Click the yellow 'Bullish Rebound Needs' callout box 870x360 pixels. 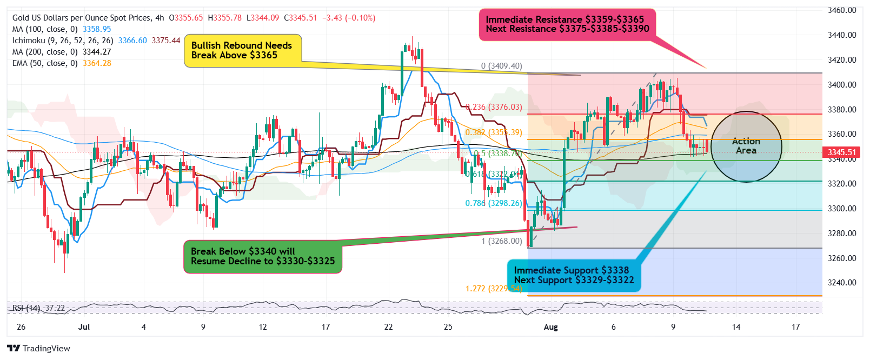point(242,51)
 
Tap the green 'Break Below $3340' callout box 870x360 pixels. point(263,256)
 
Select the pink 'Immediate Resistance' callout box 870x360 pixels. point(567,24)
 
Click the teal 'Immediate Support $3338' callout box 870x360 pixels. point(573,275)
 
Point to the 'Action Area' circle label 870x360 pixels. point(746,146)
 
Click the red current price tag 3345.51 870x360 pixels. point(842,152)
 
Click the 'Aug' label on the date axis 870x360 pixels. point(550,327)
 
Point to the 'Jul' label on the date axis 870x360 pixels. point(84,327)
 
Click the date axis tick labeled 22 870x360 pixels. point(389,327)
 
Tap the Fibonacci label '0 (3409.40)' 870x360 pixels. point(502,66)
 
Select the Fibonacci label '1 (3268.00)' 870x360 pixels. point(502,241)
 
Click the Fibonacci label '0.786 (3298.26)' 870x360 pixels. point(494,203)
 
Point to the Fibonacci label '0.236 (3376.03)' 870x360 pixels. point(495,107)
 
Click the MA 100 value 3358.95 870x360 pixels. point(97,29)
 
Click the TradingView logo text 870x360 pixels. point(46,349)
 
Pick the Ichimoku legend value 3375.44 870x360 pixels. point(166,41)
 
